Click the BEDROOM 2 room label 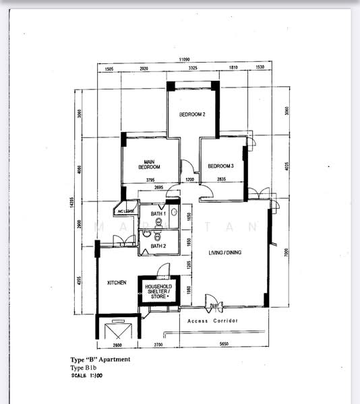192,114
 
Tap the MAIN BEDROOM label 150,164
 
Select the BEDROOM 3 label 220,166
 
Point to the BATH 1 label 158,214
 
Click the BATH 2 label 158,246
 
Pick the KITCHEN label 117,283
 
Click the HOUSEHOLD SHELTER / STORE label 158,290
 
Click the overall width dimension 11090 183,60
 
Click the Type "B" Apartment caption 100,360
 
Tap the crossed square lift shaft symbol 117,331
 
